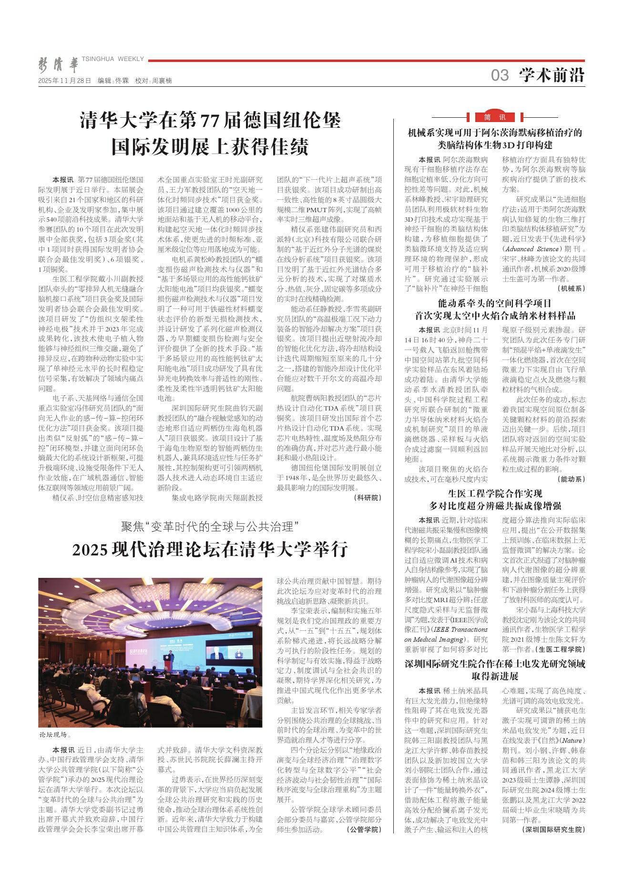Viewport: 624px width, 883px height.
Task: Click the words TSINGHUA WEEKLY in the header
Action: point(113,59)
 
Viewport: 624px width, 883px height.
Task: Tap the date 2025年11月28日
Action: point(64,81)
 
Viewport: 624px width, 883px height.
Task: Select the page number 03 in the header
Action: point(500,75)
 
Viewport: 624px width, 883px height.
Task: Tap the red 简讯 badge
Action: point(495,117)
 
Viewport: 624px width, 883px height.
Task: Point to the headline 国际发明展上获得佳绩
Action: point(210,147)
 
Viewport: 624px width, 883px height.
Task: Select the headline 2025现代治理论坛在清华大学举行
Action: point(210,550)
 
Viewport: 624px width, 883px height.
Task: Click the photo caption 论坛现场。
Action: point(55,735)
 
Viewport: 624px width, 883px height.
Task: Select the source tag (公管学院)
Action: point(365,829)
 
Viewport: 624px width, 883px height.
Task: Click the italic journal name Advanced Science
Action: point(531,249)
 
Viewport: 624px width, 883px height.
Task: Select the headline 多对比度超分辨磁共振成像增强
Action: point(495,506)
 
